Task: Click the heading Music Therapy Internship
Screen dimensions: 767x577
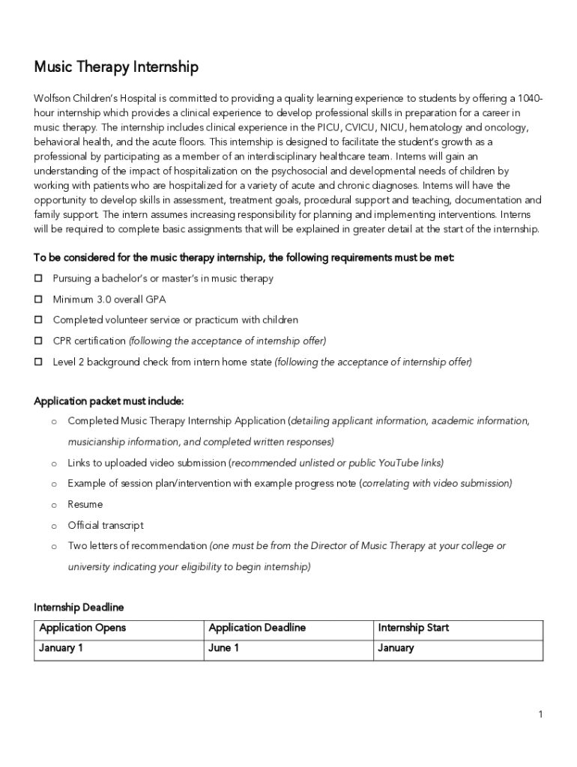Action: pos(116,67)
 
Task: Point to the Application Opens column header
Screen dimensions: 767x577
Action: pos(82,628)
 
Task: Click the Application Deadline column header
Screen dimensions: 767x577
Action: pos(257,628)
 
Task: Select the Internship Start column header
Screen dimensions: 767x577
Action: pos(414,628)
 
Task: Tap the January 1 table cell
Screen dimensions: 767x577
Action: pos(61,648)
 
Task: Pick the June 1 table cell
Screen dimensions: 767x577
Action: pos(223,648)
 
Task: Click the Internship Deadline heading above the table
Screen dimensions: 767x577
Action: pos(79,607)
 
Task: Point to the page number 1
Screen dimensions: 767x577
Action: pos(540,715)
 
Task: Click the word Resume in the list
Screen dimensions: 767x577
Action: pos(85,505)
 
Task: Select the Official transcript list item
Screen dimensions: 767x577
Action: pos(105,526)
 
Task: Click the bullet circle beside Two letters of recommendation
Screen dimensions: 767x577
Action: pos(54,547)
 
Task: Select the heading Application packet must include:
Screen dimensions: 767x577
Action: pos(109,401)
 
